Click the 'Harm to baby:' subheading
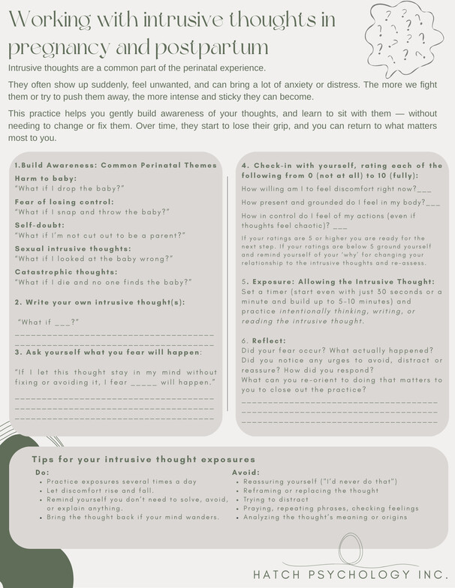[46, 178]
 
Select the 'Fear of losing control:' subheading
[65, 202]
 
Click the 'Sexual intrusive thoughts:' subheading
[73, 248]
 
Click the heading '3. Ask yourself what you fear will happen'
[107, 352]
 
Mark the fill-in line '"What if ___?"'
[48, 322]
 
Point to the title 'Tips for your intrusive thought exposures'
[143, 459]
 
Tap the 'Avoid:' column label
[246, 472]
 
